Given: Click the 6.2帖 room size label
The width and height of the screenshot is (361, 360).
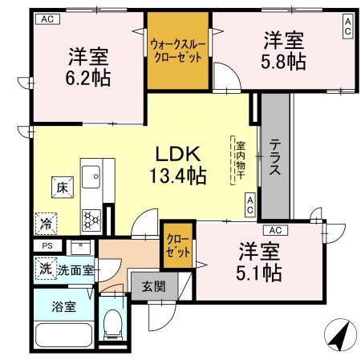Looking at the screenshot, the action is tap(88, 78).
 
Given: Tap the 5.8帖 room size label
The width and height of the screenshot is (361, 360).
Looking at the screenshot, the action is tap(283, 62).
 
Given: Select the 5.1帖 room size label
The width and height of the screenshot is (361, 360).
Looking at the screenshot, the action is tap(259, 273).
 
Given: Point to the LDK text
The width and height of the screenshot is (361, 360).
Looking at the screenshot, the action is tap(178, 154).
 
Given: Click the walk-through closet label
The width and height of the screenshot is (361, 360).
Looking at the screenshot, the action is tap(178, 51).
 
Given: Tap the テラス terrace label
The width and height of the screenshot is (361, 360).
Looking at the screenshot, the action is tap(275, 157).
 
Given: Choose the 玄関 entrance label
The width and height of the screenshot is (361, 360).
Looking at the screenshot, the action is tap(154, 286).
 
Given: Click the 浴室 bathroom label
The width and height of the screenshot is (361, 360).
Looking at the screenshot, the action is tap(63, 306).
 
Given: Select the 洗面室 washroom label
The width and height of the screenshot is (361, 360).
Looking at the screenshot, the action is tap(76, 270).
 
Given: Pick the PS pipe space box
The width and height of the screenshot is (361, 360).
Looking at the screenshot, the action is tap(47, 245).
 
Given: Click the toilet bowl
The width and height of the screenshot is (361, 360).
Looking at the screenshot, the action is tap(112, 323).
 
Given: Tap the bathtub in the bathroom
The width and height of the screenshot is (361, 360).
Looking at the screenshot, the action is tap(63, 335).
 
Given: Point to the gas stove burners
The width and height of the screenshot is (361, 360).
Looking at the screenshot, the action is tap(91, 220).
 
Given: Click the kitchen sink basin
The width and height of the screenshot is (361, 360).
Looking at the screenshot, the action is tap(91, 177).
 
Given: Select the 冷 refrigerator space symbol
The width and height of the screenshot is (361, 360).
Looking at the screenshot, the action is tap(46, 224).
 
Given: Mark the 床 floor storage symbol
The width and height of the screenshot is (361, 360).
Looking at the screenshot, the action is tap(63, 188).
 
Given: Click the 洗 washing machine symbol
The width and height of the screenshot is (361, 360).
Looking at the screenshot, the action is tap(46, 269).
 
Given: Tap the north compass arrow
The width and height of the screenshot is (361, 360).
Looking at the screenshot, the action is tap(339, 336).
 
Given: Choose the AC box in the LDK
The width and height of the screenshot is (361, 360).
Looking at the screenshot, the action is tap(250, 204).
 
